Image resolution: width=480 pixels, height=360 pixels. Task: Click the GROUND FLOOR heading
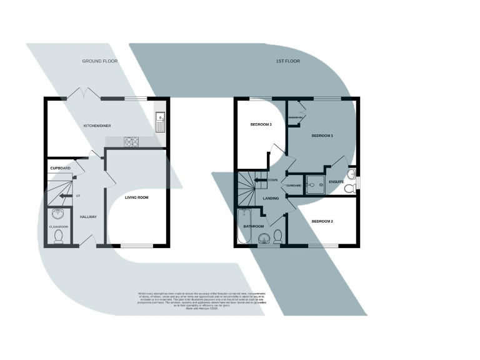(x=100, y=61)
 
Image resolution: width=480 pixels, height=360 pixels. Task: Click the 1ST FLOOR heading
(x=287, y=61)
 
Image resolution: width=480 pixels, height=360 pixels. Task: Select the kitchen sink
(x=159, y=121)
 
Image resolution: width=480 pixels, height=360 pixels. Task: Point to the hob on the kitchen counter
(x=132, y=141)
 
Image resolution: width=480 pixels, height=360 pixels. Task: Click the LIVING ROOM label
(x=136, y=197)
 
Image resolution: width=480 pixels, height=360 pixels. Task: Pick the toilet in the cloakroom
(x=58, y=237)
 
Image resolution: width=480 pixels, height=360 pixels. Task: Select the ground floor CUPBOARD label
(x=60, y=169)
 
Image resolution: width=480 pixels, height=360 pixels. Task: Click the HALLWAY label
(x=88, y=217)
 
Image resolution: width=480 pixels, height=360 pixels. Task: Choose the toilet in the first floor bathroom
(x=277, y=236)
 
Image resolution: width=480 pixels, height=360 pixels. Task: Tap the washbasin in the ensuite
(x=351, y=173)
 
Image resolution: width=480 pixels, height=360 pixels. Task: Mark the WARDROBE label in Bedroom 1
(x=295, y=117)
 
